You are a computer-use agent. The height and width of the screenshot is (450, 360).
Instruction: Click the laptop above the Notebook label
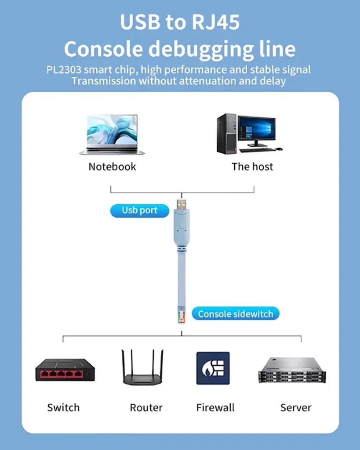[112, 134]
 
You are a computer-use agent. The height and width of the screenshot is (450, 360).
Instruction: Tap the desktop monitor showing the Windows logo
[256, 131]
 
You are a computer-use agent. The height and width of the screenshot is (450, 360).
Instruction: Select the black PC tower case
[227, 134]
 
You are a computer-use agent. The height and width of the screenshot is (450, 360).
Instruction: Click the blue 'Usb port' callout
[139, 210]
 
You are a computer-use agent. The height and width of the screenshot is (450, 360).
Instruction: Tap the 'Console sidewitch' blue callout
[236, 314]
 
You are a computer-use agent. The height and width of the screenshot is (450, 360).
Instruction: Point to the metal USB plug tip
[182, 204]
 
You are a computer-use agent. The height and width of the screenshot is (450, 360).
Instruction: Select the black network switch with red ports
[65, 370]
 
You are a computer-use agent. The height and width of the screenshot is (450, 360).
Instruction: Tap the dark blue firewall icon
[213, 368]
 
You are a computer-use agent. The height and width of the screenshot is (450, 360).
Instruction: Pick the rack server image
[292, 370]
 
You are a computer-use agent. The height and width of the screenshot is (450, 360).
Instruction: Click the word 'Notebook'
[112, 167]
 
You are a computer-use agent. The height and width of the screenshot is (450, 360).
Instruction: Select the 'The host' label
[252, 167]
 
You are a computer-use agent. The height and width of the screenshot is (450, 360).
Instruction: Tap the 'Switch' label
[63, 407]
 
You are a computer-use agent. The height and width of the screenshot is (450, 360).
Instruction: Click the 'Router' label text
[146, 407]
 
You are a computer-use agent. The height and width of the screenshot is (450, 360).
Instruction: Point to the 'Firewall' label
[215, 407]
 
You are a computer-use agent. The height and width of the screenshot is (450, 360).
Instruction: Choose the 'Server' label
[296, 407]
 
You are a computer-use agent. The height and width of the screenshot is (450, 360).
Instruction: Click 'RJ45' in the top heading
[215, 22]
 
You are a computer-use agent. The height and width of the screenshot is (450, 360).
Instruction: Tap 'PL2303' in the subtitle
[64, 70]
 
